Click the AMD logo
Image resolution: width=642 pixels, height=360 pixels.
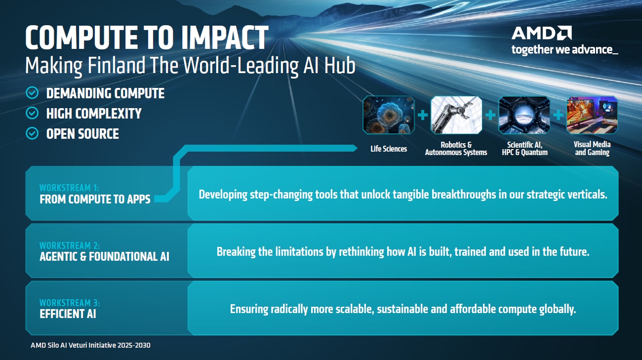click(542, 34)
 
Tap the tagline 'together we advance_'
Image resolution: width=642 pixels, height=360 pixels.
click(564, 49)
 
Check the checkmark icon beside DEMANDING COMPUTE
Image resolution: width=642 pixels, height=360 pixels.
click(32, 93)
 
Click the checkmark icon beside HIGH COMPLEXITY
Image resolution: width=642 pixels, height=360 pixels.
click(32, 114)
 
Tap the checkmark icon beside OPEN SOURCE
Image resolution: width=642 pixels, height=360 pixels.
click(32, 134)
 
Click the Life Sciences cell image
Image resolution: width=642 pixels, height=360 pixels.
click(389, 115)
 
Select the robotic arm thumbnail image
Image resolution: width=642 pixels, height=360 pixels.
click(456, 115)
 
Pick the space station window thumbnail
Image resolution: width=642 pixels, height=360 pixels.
click(524, 115)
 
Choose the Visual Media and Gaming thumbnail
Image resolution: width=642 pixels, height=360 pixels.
click(592, 115)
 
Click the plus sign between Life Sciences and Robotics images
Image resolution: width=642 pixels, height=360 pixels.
click(422, 116)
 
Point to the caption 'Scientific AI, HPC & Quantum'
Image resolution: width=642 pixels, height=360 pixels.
click(524, 149)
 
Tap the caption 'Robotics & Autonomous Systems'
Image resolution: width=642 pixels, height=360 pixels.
click(456, 149)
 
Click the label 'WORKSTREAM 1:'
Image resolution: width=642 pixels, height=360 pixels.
click(70, 188)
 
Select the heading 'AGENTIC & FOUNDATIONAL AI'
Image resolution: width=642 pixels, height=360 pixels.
click(104, 256)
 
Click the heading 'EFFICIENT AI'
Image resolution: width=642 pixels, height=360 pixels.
click(68, 313)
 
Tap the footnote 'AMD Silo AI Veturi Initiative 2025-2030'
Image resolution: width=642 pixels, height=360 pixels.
click(90, 345)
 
